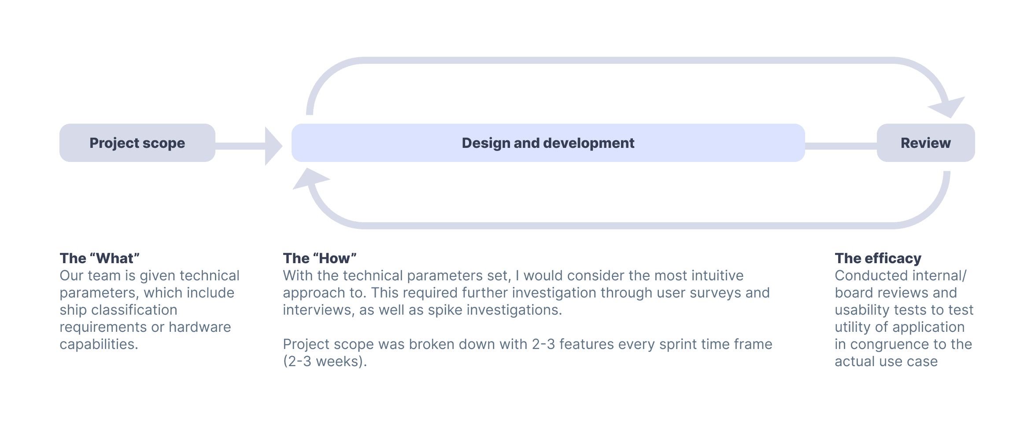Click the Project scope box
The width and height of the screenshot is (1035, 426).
(137, 143)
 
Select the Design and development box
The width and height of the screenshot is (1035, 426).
(548, 143)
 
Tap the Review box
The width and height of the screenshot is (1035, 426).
(926, 143)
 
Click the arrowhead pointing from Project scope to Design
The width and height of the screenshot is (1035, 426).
(273, 146)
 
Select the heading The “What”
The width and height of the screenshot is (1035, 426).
(100, 258)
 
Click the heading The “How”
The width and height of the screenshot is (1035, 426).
(320, 258)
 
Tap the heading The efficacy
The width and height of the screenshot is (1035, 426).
(878, 258)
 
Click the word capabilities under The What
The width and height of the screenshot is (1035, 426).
(99, 344)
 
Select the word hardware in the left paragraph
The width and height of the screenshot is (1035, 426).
(200, 327)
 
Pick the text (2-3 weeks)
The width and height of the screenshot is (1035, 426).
(325, 361)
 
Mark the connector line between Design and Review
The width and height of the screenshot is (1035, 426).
(841, 146)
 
